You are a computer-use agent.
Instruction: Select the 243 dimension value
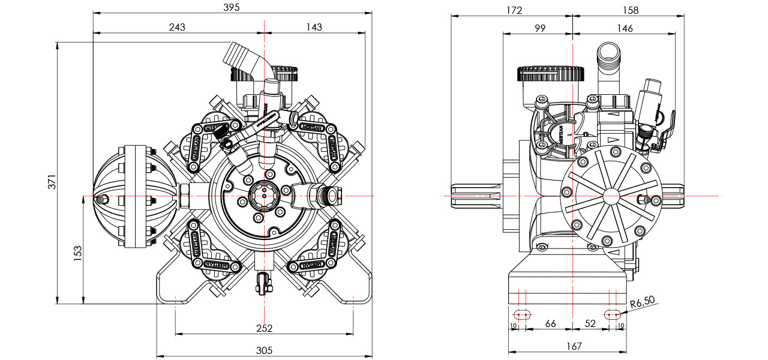pos(177,27)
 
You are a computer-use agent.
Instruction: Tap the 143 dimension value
pos(314,27)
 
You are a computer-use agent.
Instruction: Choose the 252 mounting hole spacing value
pos(264,328)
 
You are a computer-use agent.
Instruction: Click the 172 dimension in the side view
pos(514,10)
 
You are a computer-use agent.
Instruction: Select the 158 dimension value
pos(631,10)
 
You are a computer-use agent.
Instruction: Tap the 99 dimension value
pos(540,28)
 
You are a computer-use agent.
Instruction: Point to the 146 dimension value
pos(625,28)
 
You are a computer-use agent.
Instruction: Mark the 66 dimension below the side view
pos(550,324)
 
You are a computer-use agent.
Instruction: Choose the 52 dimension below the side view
pos(590,324)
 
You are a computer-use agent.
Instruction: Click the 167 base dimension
pos(574,346)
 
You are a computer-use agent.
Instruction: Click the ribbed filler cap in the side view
pos(551,74)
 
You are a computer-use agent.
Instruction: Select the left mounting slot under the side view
pos(521,314)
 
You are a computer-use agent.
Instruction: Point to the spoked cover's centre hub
pos(611,196)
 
